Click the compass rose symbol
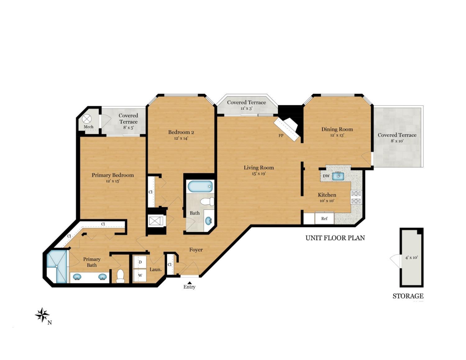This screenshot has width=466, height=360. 42,315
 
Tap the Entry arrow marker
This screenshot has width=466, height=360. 189,282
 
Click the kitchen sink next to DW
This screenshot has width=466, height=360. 338,176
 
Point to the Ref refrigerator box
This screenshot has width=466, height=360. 324,218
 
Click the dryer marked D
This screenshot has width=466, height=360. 140,262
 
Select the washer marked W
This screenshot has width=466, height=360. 140,275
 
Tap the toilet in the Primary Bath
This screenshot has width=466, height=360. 120,276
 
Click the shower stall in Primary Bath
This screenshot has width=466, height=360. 57,266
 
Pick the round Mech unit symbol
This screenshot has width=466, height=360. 86,119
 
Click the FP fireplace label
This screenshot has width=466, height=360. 281,135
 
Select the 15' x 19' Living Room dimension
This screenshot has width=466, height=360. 258,174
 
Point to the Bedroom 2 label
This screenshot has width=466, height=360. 181,132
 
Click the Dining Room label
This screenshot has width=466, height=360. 337,129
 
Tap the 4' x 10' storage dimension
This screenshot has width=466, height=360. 411,257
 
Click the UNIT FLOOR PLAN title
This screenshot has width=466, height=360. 335,238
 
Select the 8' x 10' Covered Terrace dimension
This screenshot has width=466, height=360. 397,141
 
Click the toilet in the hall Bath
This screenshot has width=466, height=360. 208,202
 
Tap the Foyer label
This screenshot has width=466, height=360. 196,250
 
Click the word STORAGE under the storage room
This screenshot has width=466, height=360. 408,296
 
